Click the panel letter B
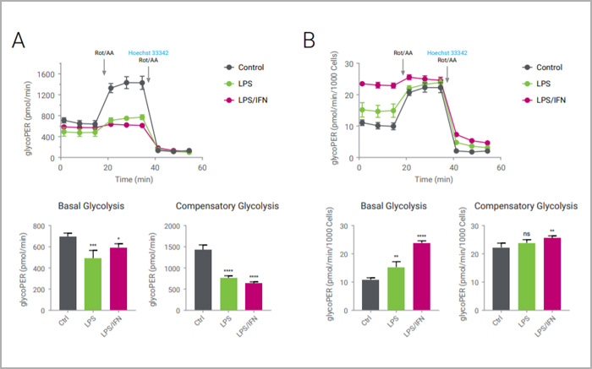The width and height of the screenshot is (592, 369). coord(310,39)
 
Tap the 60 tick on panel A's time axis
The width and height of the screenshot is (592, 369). coord(202,168)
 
